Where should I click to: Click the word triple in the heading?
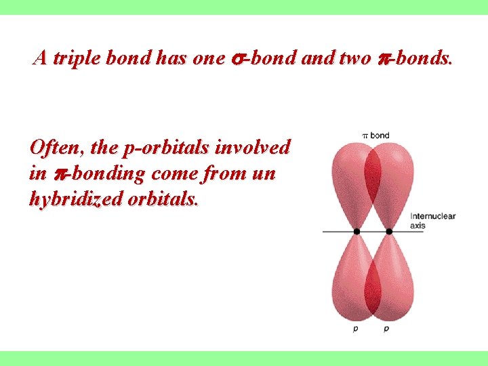coord(77,58)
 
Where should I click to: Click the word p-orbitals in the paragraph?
coord(174,147)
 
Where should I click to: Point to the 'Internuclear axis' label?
coord(432,221)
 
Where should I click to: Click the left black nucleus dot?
coord(357,231)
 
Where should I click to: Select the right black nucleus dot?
coord(389,231)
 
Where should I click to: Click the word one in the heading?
coord(208,59)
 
